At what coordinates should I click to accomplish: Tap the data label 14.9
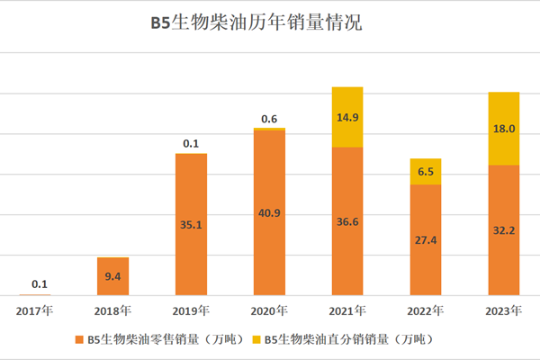346,117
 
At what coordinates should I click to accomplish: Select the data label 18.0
503,129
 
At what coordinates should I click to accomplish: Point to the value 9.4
113,276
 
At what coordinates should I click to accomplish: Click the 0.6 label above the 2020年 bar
269,119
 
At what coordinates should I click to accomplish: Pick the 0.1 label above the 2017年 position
40,285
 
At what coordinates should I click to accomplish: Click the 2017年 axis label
36,310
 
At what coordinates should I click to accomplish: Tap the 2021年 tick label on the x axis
347,310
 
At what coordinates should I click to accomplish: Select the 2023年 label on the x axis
503,310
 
